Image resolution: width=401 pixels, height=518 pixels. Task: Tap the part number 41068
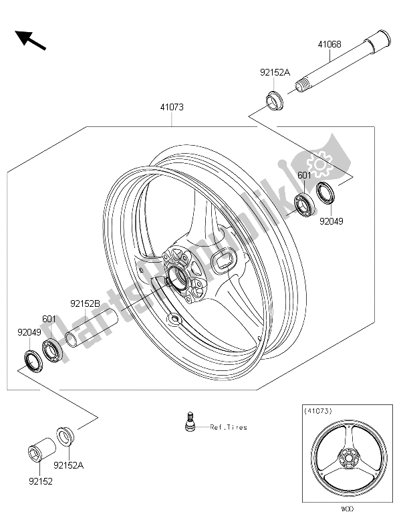pos(330,45)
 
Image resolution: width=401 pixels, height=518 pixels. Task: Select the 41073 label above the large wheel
pos(171,106)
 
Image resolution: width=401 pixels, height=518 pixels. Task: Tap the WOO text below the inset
pos(346,509)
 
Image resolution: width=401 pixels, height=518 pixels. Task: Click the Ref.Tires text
pos(228,427)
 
